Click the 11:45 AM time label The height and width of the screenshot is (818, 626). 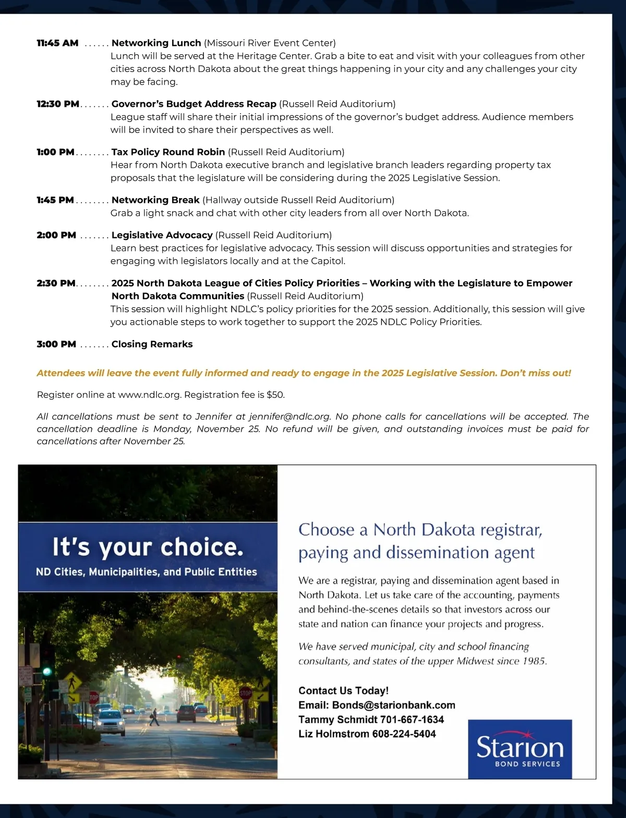coord(57,43)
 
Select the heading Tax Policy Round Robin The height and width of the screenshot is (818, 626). coord(168,152)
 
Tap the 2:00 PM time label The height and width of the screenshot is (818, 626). coord(56,235)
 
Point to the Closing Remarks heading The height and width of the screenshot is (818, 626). coord(152,344)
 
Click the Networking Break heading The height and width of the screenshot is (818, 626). coord(155,200)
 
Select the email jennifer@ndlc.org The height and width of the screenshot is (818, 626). coord(290,417)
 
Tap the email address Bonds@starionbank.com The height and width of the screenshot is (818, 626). coord(393,705)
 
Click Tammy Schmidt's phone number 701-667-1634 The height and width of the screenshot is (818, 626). coord(412,719)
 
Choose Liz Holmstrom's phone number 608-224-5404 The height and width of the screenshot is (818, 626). coord(404,734)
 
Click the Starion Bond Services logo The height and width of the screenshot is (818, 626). coord(520,749)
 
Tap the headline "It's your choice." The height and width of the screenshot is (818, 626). coord(148,547)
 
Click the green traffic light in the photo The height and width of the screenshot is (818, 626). coord(47,672)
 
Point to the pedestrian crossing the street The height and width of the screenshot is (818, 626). coord(154,717)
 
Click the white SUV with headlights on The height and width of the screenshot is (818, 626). coord(111,722)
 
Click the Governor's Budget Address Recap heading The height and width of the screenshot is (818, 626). coord(194,104)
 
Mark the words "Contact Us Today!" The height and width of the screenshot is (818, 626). coord(343,690)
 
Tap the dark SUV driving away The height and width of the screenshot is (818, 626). coord(186,713)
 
